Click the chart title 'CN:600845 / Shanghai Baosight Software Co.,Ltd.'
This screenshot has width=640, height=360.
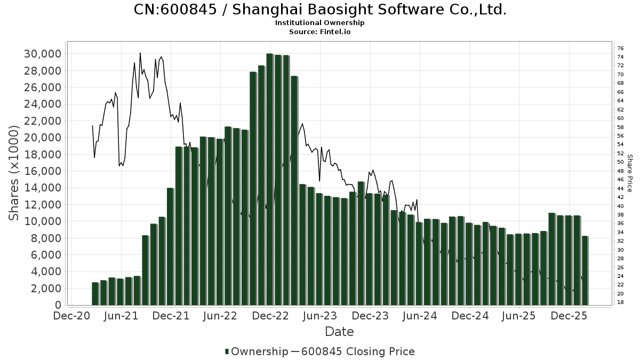(320, 10)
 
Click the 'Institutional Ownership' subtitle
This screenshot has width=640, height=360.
(320, 23)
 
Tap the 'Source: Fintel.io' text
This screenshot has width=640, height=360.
(320, 31)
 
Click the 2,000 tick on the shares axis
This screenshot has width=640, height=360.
(46, 289)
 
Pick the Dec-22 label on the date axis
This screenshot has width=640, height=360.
(270, 316)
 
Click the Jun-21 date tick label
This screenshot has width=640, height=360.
(121, 316)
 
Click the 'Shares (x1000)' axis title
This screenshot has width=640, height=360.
(14, 173)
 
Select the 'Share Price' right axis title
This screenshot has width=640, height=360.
(629, 173)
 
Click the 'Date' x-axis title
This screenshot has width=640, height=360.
(339, 332)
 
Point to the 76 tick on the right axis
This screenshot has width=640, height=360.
(621, 48)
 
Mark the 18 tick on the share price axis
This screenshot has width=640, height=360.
(621, 302)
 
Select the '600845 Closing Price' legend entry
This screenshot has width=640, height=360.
(358, 351)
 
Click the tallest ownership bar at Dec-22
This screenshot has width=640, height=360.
(270, 179)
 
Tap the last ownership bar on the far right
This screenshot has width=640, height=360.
(585, 270)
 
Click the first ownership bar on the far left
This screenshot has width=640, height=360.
(95, 293)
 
